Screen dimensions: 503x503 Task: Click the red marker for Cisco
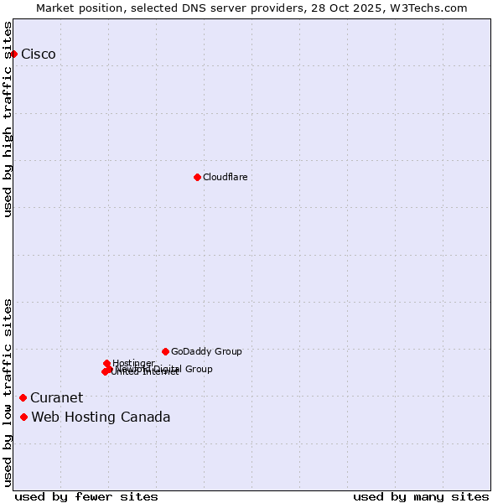coord(13,54)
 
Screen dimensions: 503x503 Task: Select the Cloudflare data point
coord(197,177)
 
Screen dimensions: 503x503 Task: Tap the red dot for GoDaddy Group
coord(165,351)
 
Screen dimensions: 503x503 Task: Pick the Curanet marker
coord(23,397)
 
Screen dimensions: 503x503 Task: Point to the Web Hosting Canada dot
coord(23,417)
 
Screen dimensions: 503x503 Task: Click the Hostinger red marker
coord(107,363)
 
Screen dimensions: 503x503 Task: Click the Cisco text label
coord(39,54)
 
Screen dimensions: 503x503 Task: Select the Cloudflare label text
coord(226,177)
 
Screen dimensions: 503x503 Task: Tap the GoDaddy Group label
coord(206,352)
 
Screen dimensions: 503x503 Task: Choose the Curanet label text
coord(57,398)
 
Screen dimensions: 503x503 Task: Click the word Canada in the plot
coord(144,417)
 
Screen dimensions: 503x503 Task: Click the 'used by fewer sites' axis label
coord(86,496)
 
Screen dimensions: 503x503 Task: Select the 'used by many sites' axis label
coord(421,496)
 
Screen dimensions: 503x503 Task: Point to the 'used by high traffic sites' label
coord(8,119)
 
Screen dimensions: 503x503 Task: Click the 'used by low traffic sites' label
coord(8,392)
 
